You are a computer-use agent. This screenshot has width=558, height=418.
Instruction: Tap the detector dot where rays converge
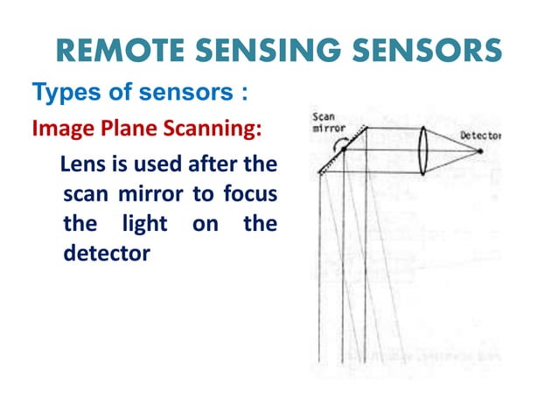(480, 152)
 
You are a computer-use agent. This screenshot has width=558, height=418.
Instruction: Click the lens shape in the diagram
(422, 150)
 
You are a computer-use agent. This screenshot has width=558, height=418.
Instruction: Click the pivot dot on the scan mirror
(345, 150)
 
